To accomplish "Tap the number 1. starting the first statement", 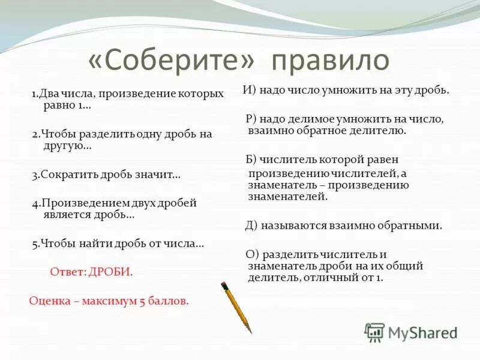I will (x=35, y=94).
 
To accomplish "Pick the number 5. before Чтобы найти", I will (x=36, y=244).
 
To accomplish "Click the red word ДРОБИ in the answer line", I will (x=111, y=272).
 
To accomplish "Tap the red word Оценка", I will (x=49, y=301).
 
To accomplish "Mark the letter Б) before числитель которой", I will (x=251, y=160).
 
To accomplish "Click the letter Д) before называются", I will (x=251, y=226).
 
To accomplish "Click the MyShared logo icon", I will (x=374, y=332).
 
